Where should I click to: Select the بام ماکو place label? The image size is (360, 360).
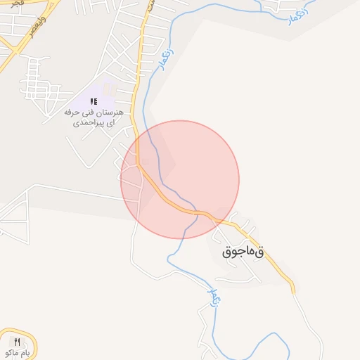(x=16, y=352)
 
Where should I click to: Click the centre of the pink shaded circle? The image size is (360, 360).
(x=180, y=179)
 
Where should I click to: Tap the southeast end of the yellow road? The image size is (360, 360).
(x=293, y=290)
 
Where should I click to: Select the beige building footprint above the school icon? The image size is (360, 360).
(x=108, y=89)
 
